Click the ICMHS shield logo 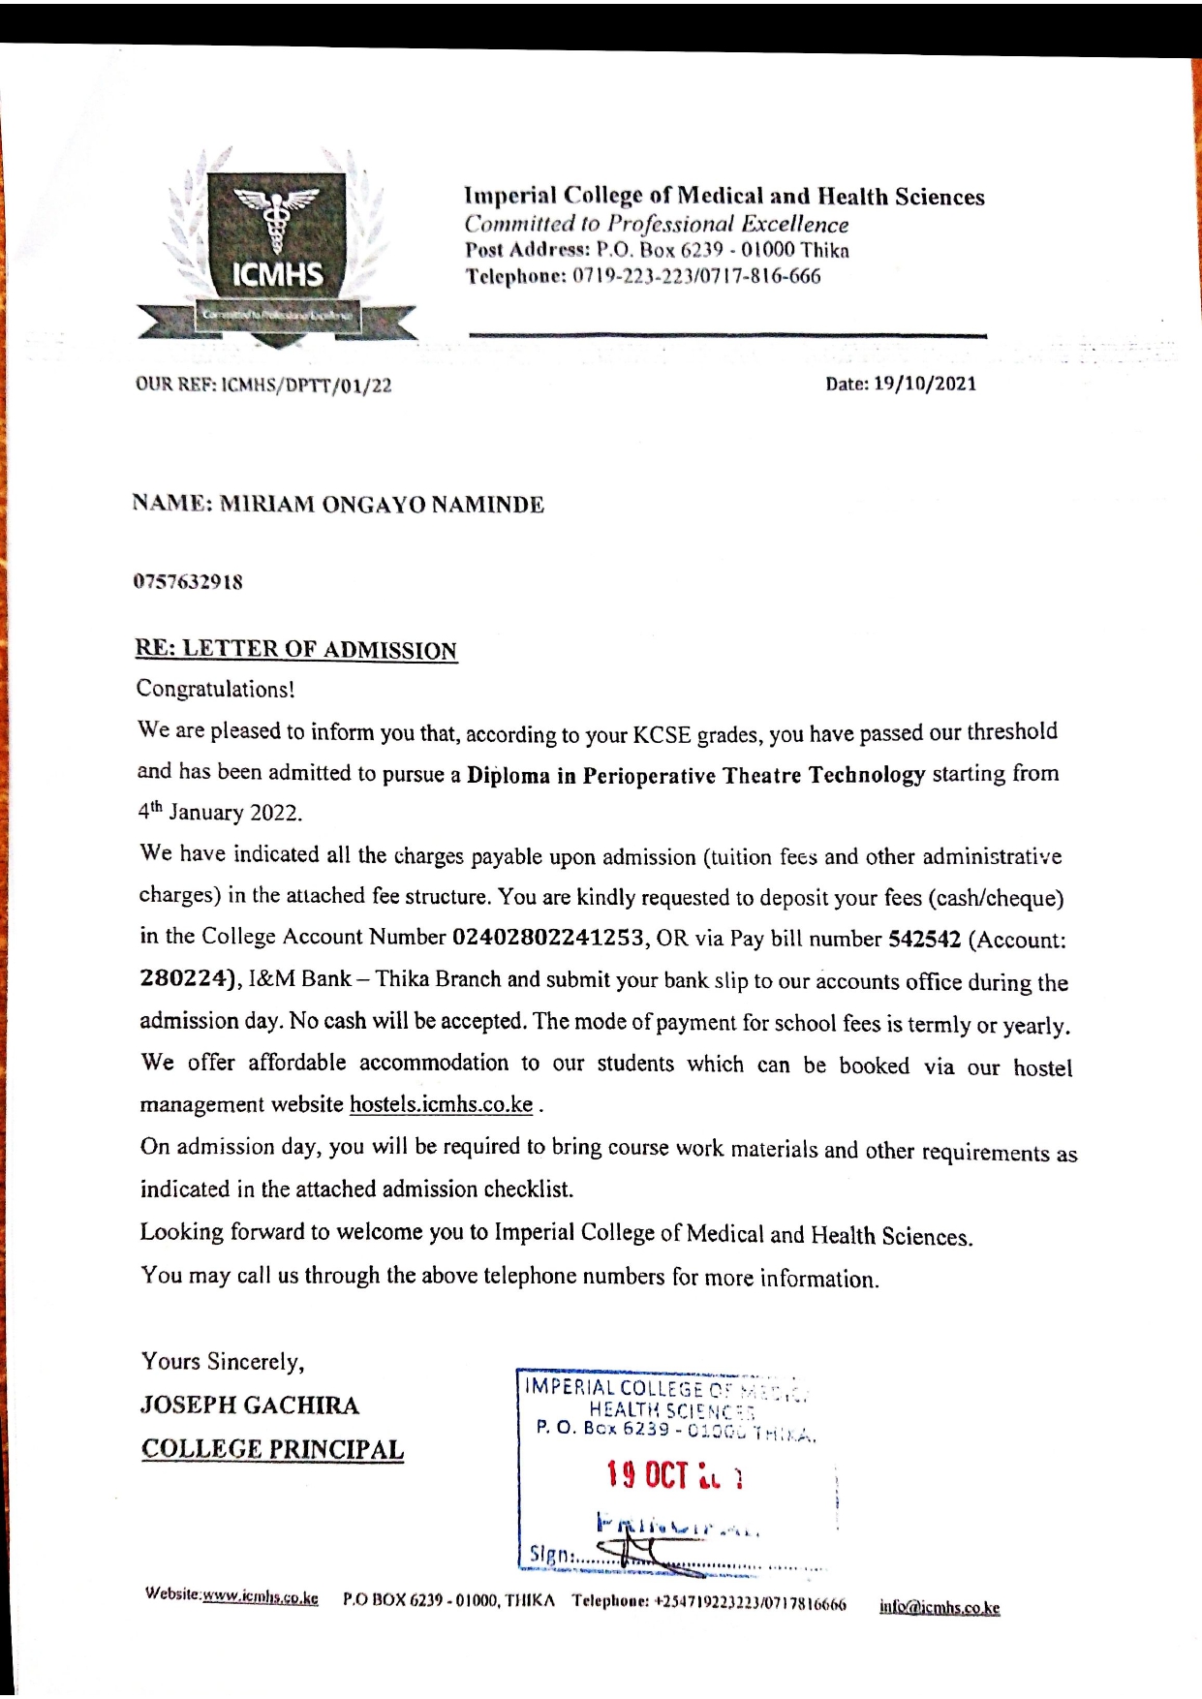tap(277, 247)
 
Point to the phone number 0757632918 tap(188, 582)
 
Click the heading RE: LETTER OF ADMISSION tap(295, 650)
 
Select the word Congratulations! tap(215, 690)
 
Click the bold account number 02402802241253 tap(549, 938)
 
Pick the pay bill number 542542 tap(924, 940)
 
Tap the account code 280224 tap(189, 978)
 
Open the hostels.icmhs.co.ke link tap(441, 1105)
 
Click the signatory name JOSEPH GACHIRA tap(250, 1406)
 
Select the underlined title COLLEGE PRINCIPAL tap(272, 1450)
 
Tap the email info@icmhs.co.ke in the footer tap(939, 1608)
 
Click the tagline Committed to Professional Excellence tap(656, 225)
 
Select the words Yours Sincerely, tap(223, 1362)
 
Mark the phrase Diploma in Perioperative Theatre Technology tap(695, 776)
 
